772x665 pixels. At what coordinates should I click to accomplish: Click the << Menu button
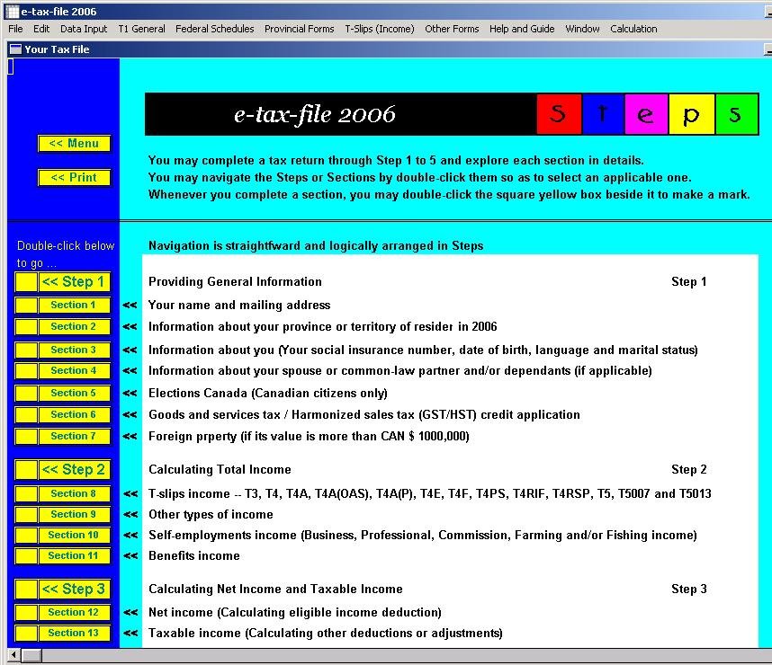(74, 144)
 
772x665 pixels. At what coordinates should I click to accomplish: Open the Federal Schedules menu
(214, 29)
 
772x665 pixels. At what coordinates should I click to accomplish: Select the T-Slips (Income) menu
(379, 29)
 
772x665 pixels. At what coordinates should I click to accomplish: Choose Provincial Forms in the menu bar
(299, 29)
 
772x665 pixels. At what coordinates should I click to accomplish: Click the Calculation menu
(633, 29)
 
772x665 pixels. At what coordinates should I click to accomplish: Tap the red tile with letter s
(558, 115)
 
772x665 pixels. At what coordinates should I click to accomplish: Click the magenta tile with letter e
(646, 115)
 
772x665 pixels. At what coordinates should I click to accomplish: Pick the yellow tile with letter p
(691, 115)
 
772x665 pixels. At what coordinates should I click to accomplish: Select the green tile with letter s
(736, 115)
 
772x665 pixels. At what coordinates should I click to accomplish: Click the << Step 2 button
(74, 469)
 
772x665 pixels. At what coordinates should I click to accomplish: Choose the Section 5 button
(74, 393)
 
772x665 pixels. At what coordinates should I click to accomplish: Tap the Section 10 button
(74, 535)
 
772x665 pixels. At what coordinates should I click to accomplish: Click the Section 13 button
(74, 633)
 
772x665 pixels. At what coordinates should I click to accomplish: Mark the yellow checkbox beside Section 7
(26, 437)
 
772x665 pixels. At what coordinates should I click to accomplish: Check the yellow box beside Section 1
(26, 306)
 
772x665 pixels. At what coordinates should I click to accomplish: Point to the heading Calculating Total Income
(220, 469)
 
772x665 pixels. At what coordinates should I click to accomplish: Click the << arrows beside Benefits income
(130, 556)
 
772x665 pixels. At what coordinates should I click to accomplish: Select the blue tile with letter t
(602, 115)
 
